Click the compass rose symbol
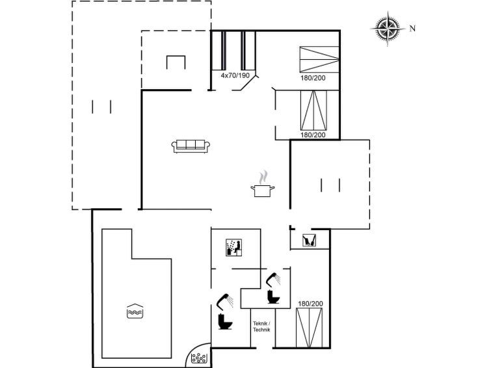point(388,29)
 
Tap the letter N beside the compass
point(412,29)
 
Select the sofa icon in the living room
point(191,145)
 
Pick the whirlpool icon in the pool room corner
point(198,358)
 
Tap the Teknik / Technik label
point(262,326)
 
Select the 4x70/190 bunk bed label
point(235,76)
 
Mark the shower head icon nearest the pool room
point(225,300)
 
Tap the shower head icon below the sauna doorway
point(273,279)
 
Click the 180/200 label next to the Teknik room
point(311,304)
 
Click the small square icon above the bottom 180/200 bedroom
point(310,240)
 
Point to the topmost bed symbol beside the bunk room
point(319,60)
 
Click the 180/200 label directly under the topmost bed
point(312,77)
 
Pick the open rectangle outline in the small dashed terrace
point(176,62)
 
